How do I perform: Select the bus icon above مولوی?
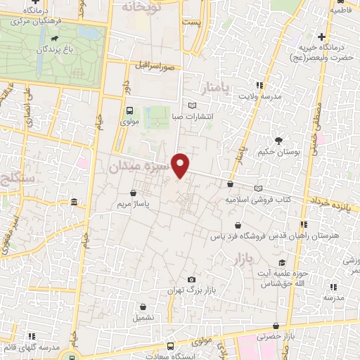tap(129, 110)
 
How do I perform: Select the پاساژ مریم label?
tap(133, 204)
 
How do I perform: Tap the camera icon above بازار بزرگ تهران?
tap(191, 279)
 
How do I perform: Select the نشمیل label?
tap(143, 318)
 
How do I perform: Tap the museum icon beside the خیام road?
tap(75, 203)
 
